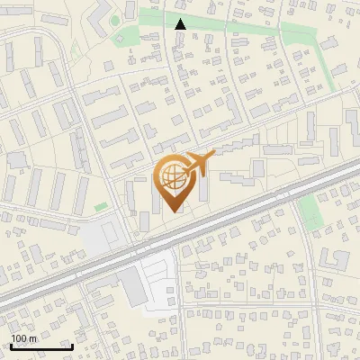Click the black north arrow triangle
click(181, 24)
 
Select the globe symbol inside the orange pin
click(173, 177)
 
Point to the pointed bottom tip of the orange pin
click(173, 212)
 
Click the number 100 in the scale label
click(19, 338)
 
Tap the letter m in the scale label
click(32, 338)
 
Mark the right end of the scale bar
click(72, 346)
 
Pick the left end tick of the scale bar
click(10, 346)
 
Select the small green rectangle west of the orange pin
click(101, 208)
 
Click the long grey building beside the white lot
click(132, 286)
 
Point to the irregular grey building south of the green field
click(335, 259)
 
